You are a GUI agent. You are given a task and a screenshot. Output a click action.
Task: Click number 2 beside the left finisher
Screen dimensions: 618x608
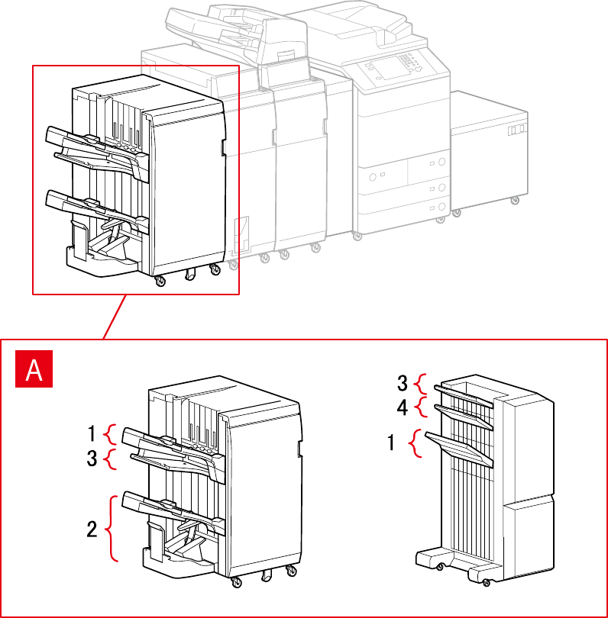click(x=92, y=529)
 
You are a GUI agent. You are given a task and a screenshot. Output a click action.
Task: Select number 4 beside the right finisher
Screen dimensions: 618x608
click(x=403, y=407)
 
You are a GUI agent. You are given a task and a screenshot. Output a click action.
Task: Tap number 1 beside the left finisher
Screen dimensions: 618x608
click(x=92, y=435)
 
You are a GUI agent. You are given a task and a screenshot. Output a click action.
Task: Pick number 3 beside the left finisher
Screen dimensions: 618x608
click(x=92, y=459)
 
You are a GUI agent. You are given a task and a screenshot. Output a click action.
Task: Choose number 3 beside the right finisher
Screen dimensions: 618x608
click(x=403, y=382)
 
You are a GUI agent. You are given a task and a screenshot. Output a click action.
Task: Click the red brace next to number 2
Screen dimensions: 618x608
click(x=113, y=528)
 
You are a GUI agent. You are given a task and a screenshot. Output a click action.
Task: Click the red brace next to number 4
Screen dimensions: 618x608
click(x=419, y=407)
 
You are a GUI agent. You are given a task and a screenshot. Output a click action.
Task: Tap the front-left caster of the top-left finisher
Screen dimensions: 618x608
click(x=160, y=283)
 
